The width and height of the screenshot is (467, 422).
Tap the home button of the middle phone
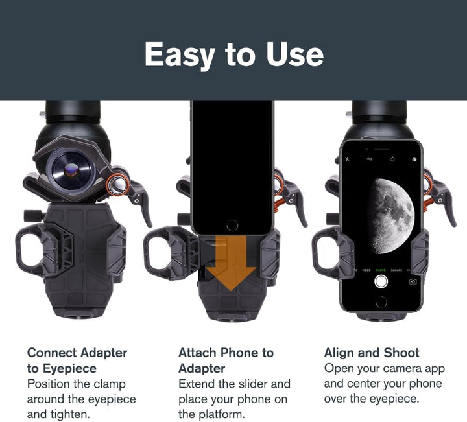232,225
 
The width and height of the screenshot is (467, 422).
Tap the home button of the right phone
381,302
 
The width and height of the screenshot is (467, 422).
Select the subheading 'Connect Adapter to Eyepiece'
77,360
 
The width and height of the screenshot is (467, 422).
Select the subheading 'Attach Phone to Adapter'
226,360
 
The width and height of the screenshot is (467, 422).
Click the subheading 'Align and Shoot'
372,353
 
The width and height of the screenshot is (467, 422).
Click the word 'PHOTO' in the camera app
381,269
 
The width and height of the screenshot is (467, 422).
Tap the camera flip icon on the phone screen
413,281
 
